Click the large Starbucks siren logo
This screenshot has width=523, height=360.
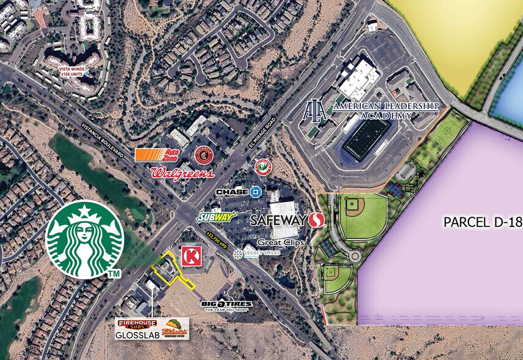tap(84, 239)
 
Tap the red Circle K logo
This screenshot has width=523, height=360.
tap(191, 256)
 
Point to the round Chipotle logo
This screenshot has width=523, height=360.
tap(204, 155)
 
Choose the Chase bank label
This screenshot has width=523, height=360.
tap(238, 192)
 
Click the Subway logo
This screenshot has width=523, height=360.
tap(217, 217)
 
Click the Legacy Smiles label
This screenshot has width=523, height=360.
tap(256, 253)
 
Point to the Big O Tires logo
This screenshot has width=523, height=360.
tap(226, 306)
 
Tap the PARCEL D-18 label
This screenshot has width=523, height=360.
tap(483, 222)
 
